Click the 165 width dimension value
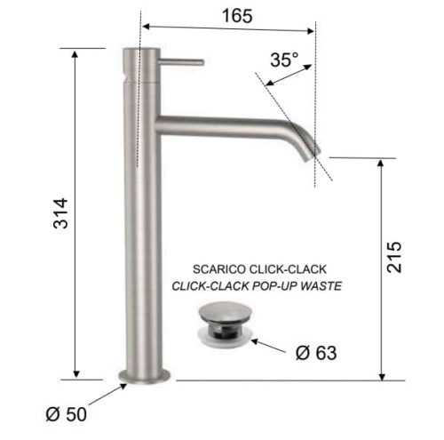point(237,16)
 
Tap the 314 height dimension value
point(60,213)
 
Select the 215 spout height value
point(394,257)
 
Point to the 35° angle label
point(284,60)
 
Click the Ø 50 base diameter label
point(67,414)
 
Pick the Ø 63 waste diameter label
point(316,353)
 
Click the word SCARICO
point(219,269)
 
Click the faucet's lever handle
point(180,62)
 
